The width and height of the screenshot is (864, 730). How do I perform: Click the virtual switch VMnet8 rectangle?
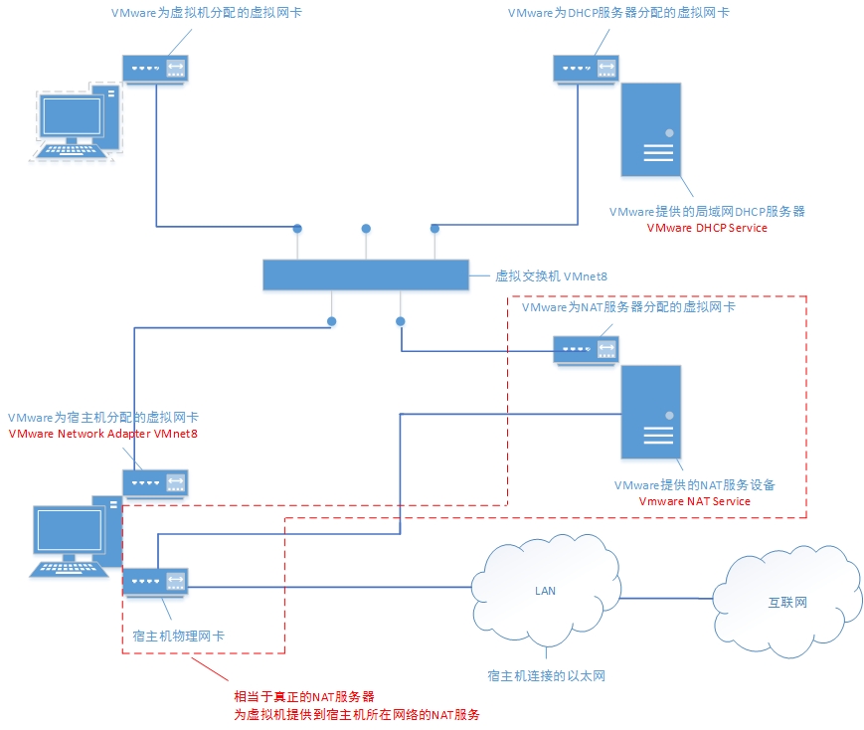pos(365,275)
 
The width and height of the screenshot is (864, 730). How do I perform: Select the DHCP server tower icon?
pos(652,130)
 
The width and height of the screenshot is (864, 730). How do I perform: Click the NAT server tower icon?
pos(652,413)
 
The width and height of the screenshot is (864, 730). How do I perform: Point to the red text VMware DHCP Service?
pos(707,228)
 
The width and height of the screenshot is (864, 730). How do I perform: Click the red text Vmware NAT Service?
pos(694,501)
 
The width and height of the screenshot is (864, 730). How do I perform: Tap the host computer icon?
pos(75,537)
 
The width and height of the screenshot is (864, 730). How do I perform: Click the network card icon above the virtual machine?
pos(155,68)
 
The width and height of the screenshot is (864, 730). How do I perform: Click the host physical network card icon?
pos(155,581)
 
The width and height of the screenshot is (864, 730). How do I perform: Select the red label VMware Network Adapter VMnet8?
pos(102,434)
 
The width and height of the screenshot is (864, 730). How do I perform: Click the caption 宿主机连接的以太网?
pos(546,676)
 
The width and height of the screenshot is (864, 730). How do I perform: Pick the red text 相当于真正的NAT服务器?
pos(303,696)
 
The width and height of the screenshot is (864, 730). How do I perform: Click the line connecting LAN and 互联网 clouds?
pos(666,598)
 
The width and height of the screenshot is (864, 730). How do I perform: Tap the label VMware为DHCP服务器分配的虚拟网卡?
pos(619,13)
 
